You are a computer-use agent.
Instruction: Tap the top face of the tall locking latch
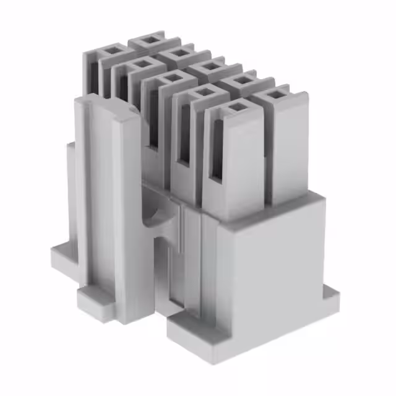[x=105, y=103]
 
